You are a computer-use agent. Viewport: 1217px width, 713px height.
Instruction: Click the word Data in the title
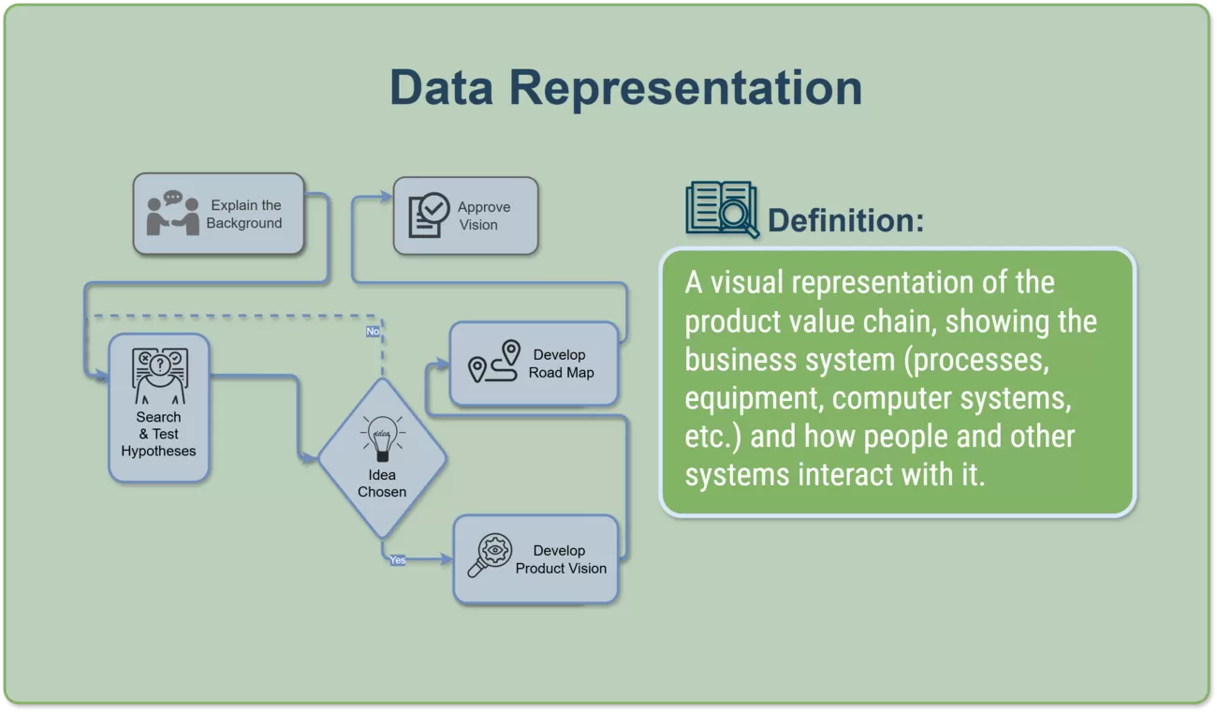[441, 87]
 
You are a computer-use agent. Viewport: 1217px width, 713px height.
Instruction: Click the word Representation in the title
[685, 87]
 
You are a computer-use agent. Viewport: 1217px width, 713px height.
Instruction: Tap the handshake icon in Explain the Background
[173, 214]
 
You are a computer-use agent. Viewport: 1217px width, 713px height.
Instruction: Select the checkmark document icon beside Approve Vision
[429, 215]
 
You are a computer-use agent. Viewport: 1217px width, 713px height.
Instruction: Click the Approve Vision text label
[483, 215]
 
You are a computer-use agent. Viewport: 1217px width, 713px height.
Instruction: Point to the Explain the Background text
[244, 215]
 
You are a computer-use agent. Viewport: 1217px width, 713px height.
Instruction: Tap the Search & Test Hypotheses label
[158, 434]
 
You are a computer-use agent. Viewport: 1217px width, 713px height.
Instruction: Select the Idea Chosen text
[382, 483]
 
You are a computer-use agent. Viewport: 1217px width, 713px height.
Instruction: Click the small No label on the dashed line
[373, 331]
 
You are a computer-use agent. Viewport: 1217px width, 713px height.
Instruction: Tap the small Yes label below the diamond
[398, 559]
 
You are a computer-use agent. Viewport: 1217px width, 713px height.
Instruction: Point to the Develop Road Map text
[561, 364]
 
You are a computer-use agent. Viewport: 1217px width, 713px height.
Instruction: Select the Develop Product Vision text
[561, 559]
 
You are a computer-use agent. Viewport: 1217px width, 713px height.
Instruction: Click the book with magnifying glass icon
[721, 209]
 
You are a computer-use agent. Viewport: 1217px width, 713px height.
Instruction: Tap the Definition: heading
[845, 221]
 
